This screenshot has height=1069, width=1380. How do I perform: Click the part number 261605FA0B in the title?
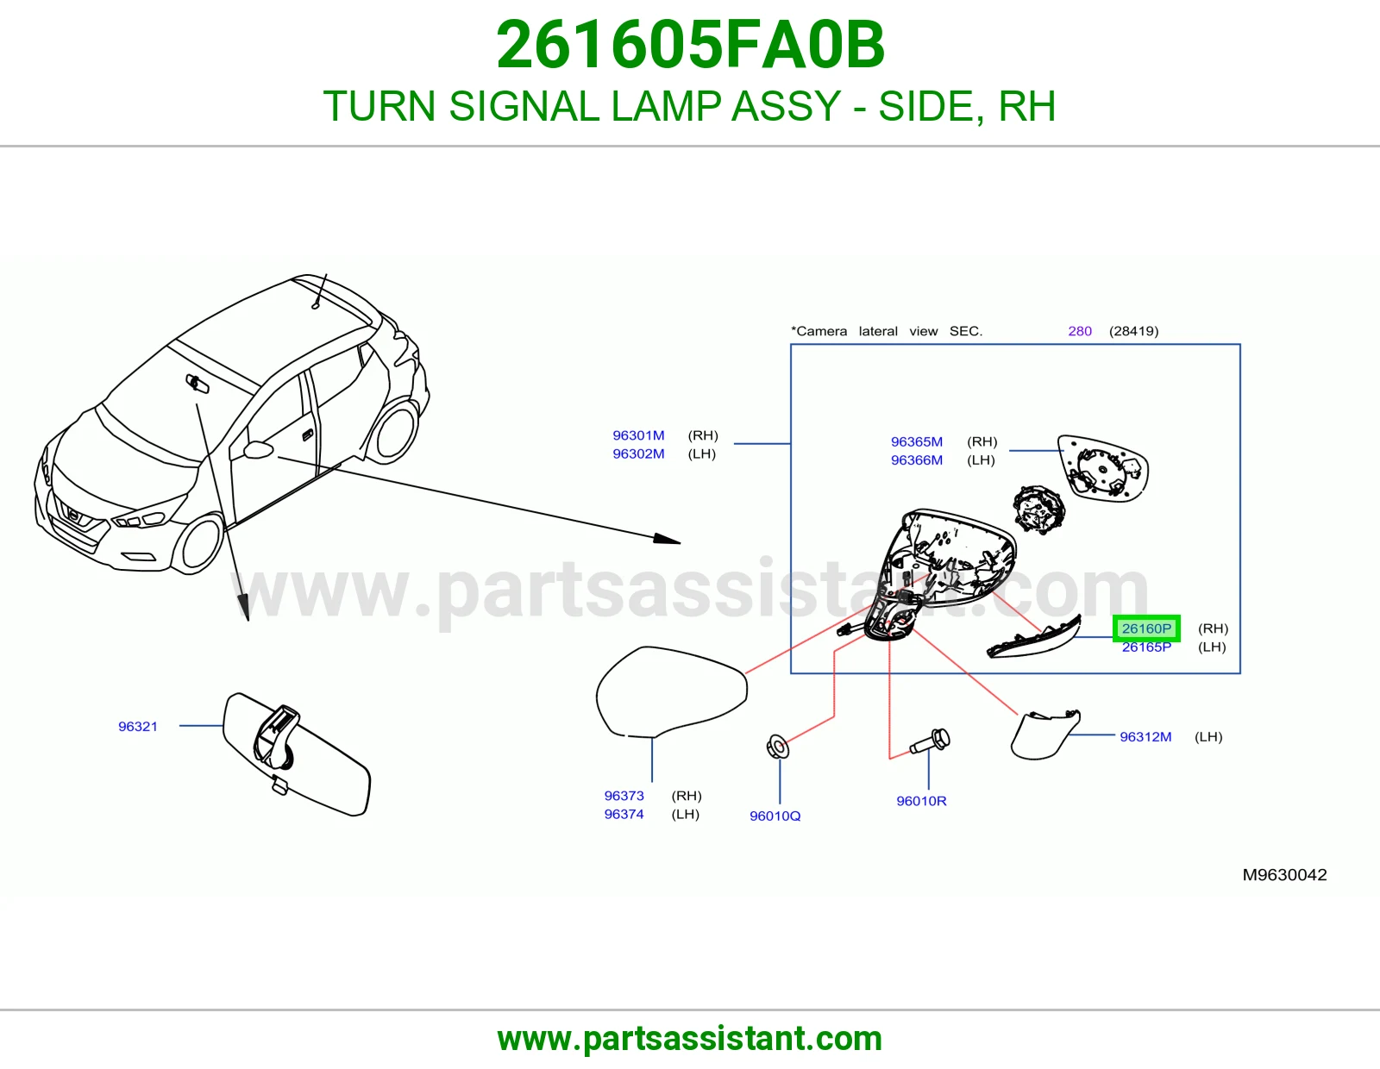690,45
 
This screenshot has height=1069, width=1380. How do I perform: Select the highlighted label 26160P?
1146,628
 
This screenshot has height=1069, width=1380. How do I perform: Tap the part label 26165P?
1146,647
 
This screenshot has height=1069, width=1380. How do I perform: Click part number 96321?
138,726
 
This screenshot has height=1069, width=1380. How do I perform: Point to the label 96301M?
638,435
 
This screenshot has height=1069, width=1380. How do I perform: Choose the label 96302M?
638,453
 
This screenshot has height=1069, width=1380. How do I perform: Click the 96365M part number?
916,441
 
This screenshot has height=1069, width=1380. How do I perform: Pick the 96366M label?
916,460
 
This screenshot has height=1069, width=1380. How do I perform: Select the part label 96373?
624,796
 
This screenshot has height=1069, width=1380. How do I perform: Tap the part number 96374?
624,814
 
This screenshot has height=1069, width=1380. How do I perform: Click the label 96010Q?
775,816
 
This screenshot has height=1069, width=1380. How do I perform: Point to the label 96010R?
921,801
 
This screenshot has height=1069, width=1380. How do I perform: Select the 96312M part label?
1145,737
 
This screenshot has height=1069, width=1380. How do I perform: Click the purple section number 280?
1080,331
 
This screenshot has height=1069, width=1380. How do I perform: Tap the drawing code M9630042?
1285,875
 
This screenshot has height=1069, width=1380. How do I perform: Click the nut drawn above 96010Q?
778,747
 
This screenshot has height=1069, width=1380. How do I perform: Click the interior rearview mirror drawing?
297,754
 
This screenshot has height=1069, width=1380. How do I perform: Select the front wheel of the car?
198,545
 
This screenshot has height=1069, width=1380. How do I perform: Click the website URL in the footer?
690,1039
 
